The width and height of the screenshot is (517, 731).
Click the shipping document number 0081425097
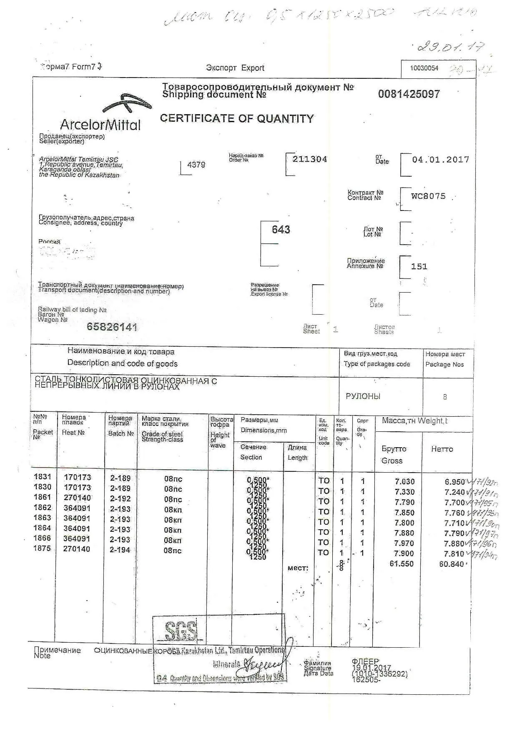(x=409, y=94)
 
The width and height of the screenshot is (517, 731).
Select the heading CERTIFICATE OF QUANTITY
(x=236, y=119)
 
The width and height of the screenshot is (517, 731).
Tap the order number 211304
(x=309, y=159)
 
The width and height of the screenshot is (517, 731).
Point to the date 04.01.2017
(x=440, y=160)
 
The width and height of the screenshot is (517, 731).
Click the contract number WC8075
(x=428, y=196)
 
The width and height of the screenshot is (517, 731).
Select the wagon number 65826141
(x=112, y=327)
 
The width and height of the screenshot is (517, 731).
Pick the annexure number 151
(x=419, y=267)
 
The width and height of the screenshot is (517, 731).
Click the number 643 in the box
(x=281, y=230)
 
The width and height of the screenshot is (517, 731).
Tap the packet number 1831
(x=43, y=477)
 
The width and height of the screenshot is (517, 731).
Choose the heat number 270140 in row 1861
(x=77, y=498)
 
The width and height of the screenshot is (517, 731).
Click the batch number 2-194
(x=120, y=550)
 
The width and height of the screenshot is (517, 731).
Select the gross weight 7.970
(x=404, y=543)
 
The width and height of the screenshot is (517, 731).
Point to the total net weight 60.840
(x=451, y=564)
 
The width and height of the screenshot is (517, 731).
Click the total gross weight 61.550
(x=401, y=564)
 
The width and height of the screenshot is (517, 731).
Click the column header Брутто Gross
(x=393, y=455)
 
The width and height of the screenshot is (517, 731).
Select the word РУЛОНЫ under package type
(x=363, y=396)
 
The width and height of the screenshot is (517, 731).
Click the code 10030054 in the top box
(x=424, y=68)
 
